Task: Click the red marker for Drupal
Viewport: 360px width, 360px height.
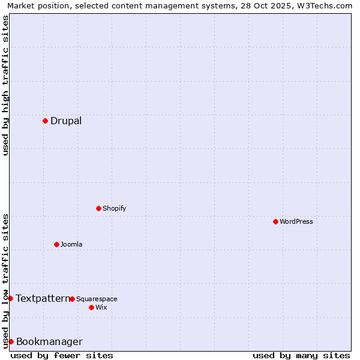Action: (x=45, y=121)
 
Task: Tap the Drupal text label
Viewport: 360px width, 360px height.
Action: (x=66, y=121)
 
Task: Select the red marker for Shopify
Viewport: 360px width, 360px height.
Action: (x=98, y=208)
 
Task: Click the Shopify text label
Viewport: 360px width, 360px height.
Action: (x=114, y=208)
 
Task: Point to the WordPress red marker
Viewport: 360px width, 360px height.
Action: (x=275, y=221)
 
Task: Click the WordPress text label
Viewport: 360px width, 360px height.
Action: (x=296, y=221)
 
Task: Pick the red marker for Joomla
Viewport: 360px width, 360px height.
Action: (x=56, y=244)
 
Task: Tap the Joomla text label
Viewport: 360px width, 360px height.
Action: (x=71, y=244)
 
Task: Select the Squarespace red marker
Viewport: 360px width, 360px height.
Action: (x=72, y=299)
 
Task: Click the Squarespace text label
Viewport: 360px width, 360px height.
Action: (x=97, y=299)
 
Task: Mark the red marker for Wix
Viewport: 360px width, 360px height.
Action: (x=91, y=307)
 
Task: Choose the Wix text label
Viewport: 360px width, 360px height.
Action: (x=101, y=307)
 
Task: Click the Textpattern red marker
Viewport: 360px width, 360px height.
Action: (x=10, y=298)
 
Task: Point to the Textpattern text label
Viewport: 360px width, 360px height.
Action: (x=43, y=298)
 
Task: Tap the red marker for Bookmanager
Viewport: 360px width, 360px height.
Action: (x=11, y=341)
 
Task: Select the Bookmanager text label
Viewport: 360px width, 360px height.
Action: (x=49, y=342)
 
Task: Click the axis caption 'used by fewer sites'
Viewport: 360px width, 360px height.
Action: (x=62, y=355)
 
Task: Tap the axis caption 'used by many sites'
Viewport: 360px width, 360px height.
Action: (x=301, y=355)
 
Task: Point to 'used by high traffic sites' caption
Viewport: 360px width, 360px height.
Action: (x=5, y=85)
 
